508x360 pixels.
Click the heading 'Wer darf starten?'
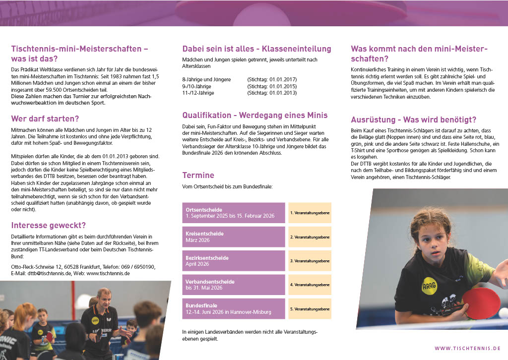pos(45,119)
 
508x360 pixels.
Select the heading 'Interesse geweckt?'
pos(49,225)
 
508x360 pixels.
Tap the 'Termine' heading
pos(198,175)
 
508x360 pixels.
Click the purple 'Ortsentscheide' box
pos(234,213)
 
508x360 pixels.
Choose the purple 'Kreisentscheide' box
pos(234,237)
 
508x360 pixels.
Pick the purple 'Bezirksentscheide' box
pos(234,261)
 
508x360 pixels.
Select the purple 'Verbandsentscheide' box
pos(234,285)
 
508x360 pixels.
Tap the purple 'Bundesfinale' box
pos(234,308)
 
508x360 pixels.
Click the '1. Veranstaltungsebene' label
pos(310,213)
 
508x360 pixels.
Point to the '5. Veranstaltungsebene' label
pos(310,308)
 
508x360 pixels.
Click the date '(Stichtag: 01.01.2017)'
pos(272,79)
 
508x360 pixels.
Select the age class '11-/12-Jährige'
pos(198,93)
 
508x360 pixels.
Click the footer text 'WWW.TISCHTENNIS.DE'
pos(467,349)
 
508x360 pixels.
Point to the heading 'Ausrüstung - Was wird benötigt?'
pos(414,120)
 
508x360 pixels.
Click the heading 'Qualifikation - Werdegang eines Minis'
pos(255,115)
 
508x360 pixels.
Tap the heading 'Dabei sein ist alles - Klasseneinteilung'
pos(256,49)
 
